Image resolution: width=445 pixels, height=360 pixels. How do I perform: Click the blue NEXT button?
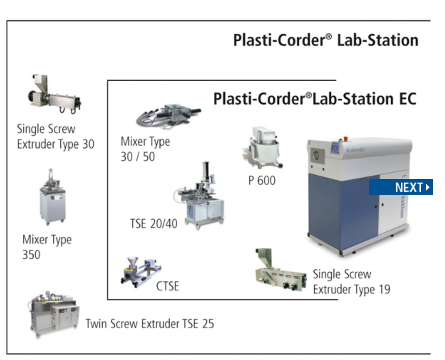(x=401, y=187)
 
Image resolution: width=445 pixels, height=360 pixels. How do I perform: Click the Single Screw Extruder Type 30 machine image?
(x=55, y=94)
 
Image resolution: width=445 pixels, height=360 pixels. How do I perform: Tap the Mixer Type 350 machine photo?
(x=52, y=197)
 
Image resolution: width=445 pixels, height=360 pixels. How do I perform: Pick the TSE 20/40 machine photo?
(x=200, y=195)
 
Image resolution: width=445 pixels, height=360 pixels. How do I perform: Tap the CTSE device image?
(x=141, y=272)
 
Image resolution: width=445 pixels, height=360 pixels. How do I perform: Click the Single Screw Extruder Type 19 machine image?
(x=281, y=270)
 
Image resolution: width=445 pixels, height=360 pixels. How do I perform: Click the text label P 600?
(x=261, y=180)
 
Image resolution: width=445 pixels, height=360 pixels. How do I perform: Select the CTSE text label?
(x=167, y=286)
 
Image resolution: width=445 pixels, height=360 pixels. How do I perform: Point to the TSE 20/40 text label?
(x=154, y=224)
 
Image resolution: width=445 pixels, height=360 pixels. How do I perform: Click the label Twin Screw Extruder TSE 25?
(x=150, y=324)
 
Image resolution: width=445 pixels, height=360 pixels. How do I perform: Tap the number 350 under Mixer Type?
(x=31, y=255)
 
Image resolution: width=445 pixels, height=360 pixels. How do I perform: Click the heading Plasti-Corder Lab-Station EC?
(x=314, y=99)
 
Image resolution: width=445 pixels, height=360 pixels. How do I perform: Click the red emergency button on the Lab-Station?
(x=346, y=139)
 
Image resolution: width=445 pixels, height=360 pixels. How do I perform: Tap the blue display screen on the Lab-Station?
(x=335, y=148)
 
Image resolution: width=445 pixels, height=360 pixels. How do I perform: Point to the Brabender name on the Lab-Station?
(x=356, y=150)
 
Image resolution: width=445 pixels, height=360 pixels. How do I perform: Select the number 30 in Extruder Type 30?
(x=88, y=144)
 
